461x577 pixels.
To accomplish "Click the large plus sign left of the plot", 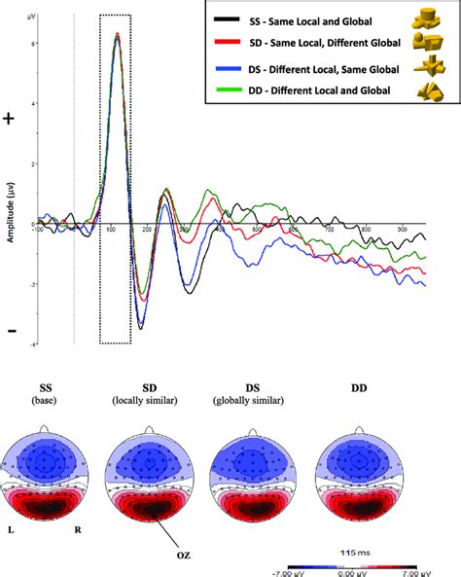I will point(11,119).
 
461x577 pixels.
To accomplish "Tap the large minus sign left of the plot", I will point(11,331).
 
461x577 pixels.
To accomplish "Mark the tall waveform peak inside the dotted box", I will point(117,35).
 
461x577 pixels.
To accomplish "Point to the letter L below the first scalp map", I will point(10,531).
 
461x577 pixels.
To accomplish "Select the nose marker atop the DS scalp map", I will point(253,429).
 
